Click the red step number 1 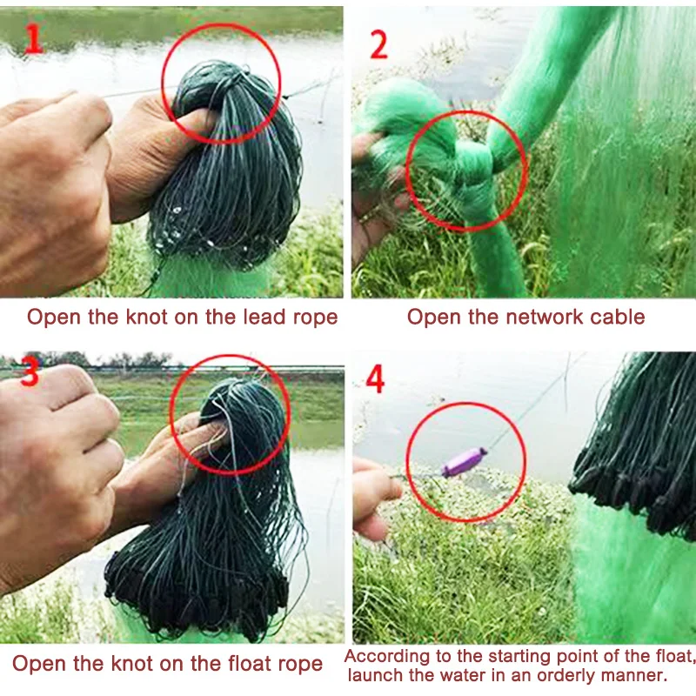click(34, 38)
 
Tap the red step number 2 click(378, 44)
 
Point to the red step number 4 click(375, 379)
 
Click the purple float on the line click(464, 461)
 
